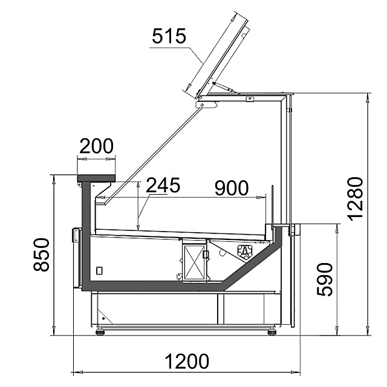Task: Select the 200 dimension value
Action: click(x=96, y=146)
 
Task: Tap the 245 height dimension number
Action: click(x=163, y=186)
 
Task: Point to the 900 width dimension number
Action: click(x=232, y=189)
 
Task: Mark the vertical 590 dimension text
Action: click(x=324, y=279)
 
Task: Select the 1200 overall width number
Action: click(x=187, y=362)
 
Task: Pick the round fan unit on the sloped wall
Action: click(x=245, y=252)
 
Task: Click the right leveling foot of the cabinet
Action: click(x=272, y=331)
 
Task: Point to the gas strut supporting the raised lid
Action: click(x=227, y=88)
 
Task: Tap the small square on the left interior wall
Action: click(x=100, y=270)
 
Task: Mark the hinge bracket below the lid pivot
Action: click(x=206, y=105)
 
